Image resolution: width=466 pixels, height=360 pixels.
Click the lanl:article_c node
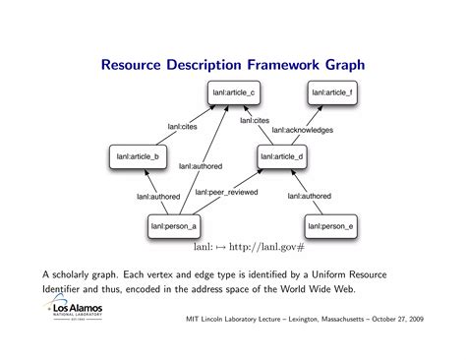pos(233,93)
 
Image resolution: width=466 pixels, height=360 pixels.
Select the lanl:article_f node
pos(331,93)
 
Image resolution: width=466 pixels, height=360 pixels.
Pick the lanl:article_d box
pos(283,155)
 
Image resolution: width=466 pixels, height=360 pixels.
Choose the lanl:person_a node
pos(174,226)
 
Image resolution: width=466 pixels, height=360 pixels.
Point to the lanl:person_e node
pos(330,226)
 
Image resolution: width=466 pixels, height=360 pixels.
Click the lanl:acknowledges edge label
pos(303,130)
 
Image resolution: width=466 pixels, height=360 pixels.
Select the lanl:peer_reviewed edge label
pos(225,193)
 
